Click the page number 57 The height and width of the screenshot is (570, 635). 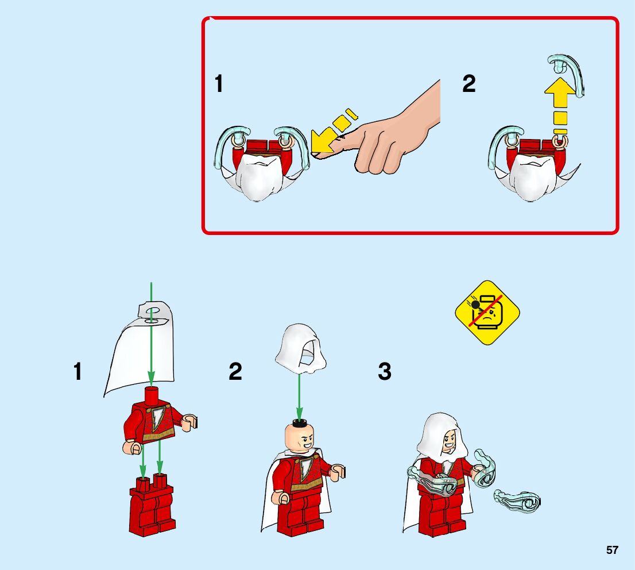(612, 550)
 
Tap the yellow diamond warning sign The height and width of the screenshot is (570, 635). (487, 313)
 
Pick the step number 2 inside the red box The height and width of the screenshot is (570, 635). (469, 84)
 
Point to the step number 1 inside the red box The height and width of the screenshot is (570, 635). (218, 84)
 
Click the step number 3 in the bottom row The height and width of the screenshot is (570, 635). (384, 372)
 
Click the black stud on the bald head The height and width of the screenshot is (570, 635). (299, 424)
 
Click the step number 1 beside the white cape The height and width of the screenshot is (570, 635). (78, 372)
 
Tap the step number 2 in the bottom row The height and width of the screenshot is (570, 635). (235, 372)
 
